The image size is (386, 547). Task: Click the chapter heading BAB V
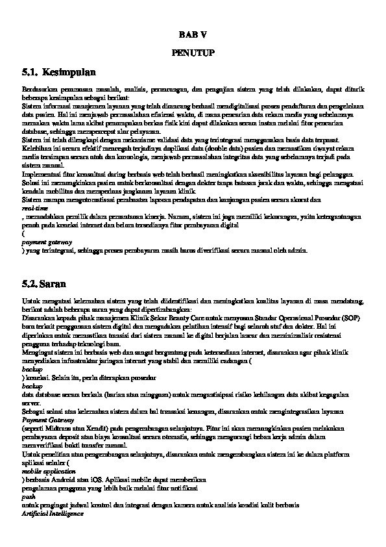pyautogui.click(x=193, y=33)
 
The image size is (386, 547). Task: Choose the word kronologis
pyautogui.click(x=138, y=155)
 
